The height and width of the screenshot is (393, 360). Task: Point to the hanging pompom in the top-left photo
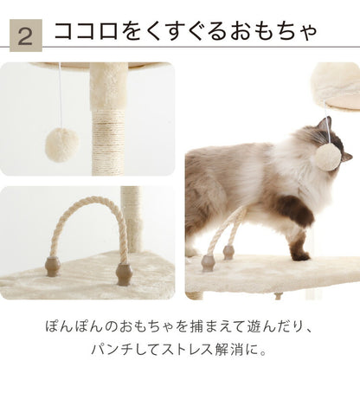(x=61, y=144)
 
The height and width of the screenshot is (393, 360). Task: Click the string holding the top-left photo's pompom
(x=60, y=95)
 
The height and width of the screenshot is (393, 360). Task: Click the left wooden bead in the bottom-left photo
(x=53, y=266)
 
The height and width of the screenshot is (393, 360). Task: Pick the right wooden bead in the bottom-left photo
(x=124, y=274)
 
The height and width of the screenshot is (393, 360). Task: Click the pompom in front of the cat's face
(x=326, y=158)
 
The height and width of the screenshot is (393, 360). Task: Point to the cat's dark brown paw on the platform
(x=299, y=253)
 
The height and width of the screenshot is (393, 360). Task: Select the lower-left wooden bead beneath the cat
(x=209, y=261)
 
